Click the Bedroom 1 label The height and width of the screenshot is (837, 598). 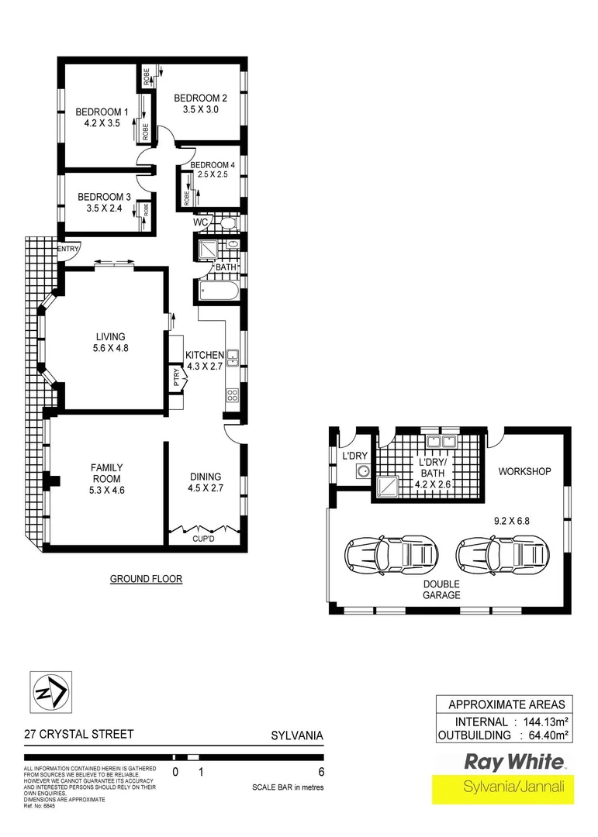click(97, 112)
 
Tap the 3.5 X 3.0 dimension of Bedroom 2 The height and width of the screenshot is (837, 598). click(200, 110)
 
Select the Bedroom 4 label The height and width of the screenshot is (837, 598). click(212, 165)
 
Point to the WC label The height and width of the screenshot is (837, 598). click(201, 223)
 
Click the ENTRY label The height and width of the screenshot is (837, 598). click(68, 249)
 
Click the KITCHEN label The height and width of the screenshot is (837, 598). click(204, 355)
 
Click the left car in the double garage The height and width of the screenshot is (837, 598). click(390, 554)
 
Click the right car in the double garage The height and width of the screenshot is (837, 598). click(502, 554)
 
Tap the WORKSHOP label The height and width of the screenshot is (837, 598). click(524, 471)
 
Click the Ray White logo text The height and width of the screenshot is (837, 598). click(514, 760)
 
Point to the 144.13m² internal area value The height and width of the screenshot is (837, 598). click(545, 722)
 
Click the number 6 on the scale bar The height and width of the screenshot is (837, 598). click(320, 771)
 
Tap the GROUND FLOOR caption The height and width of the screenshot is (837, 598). click(146, 579)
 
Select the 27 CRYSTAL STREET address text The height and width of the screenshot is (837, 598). click(78, 734)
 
